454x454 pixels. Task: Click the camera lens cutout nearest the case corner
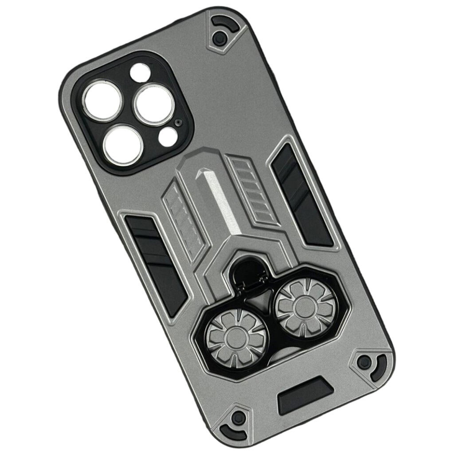[x=102, y=100]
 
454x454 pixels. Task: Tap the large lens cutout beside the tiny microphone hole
[x=153, y=105]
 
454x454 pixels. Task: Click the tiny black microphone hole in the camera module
[x=178, y=122]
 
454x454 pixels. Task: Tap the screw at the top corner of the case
[x=218, y=38]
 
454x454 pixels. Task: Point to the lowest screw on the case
[x=239, y=417]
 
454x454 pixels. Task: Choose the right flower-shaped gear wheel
[x=306, y=306]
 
